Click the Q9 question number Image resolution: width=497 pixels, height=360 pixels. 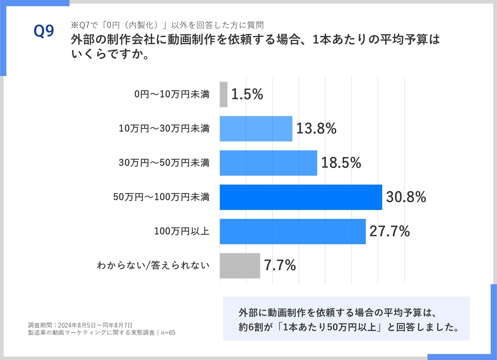pos(44,31)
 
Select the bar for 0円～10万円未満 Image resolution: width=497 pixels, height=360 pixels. pos(223,94)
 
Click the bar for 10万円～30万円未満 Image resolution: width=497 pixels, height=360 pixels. pos(256,129)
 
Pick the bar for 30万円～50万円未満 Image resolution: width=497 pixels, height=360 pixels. pos(268,163)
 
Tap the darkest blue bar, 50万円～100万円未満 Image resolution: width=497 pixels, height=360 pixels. pos(301,197)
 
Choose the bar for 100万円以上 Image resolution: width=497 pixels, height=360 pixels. pos(292,231)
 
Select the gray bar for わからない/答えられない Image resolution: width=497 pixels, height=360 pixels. pos(240,266)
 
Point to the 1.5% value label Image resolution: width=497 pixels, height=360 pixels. pos(247,94)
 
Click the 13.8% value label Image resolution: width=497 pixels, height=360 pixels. pos(316,129)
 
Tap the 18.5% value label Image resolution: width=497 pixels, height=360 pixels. pos(341,163)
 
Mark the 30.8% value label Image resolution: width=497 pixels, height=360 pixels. pos(406,197)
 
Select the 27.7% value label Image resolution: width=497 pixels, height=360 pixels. pos(389,231)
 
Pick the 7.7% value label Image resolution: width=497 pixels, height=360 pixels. pos(280,266)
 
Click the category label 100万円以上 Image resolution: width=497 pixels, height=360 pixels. pos(182,231)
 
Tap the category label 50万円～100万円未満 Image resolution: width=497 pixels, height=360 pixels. pos(161,197)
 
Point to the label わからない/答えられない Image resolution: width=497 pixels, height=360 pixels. pos(153,266)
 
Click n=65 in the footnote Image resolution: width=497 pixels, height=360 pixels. pos(168,333)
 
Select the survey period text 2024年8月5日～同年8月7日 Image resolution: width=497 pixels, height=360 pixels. pos(95,325)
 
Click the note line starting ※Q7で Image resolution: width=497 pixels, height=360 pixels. pos(167,25)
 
